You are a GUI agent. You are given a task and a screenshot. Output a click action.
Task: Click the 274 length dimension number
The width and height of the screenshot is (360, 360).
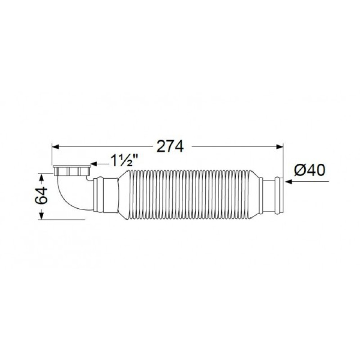click(x=170, y=146)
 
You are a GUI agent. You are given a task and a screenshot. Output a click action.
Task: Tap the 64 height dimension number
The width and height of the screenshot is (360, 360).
click(x=41, y=195)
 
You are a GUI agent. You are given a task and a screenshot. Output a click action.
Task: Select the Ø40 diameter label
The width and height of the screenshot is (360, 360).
click(x=310, y=170)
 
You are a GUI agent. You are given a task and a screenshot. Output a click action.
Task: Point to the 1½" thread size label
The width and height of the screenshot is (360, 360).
click(x=124, y=160)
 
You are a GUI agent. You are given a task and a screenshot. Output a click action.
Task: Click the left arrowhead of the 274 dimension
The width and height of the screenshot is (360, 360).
click(x=56, y=147)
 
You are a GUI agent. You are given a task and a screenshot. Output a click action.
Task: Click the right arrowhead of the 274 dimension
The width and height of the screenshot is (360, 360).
click(x=279, y=147)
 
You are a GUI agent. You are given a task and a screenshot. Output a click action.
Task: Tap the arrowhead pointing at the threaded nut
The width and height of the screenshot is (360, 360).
click(x=94, y=164)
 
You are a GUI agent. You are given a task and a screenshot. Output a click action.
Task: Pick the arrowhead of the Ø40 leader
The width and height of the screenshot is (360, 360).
click(x=288, y=182)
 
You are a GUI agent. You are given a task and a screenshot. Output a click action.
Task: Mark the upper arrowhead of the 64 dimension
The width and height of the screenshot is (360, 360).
click(x=41, y=177)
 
